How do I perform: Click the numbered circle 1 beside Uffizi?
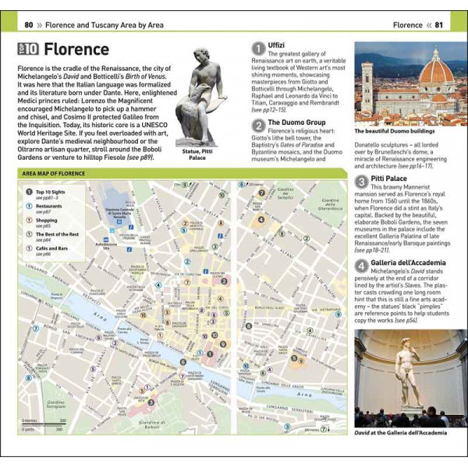[258, 49]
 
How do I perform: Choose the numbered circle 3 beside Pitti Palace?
[362, 180]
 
